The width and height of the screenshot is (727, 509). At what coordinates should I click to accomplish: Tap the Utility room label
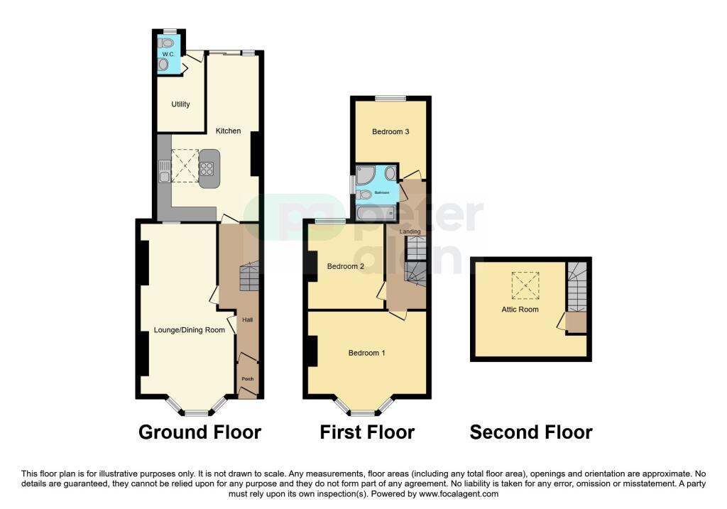click(x=180, y=104)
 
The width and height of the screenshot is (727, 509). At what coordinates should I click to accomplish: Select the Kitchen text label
click(x=228, y=131)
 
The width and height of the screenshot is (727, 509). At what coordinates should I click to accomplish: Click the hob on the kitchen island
click(x=208, y=168)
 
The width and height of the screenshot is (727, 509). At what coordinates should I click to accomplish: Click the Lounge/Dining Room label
click(x=190, y=330)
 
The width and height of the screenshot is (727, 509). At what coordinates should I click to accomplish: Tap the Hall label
click(x=248, y=320)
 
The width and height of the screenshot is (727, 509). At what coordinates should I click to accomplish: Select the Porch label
click(x=248, y=378)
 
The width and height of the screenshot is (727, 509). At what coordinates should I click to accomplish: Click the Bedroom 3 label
click(x=390, y=131)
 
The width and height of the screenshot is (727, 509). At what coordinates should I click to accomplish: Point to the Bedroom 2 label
click(x=345, y=266)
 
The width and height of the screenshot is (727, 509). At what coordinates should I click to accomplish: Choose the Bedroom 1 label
click(x=366, y=353)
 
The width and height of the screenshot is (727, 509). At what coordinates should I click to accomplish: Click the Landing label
click(x=410, y=231)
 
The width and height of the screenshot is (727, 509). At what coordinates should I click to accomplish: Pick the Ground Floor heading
click(x=199, y=432)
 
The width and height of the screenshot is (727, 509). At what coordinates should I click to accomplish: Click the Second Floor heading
click(x=530, y=432)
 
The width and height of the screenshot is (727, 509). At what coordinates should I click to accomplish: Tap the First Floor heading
click(x=366, y=432)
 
